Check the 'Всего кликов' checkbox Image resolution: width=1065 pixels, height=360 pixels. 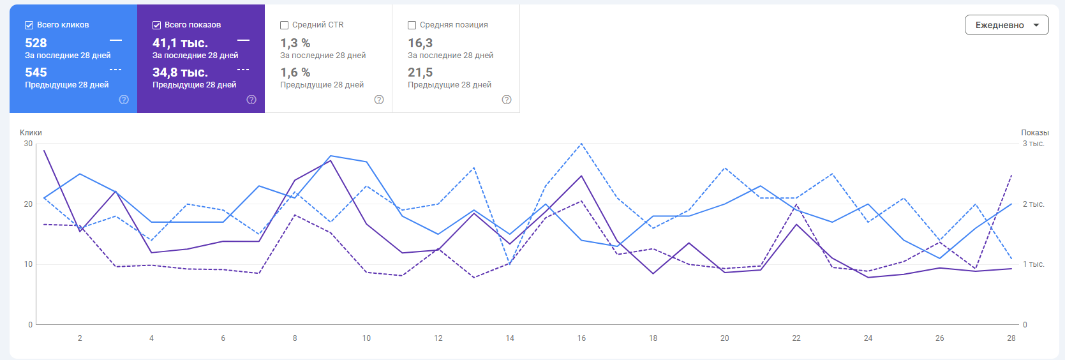(x=29, y=25)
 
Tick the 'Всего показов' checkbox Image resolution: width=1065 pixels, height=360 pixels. (x=156, y=25)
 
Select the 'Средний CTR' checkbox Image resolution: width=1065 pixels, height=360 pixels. (x=284, y=25)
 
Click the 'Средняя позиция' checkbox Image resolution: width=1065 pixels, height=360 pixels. (x=412, y=25)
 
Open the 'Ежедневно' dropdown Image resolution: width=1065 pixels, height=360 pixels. (x=1006, y=25)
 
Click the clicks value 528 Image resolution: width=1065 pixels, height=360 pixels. (x=36, y=43)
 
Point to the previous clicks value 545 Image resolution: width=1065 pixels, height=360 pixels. (x=36, y=72)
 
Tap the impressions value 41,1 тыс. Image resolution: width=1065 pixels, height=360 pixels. (x=180, y=43)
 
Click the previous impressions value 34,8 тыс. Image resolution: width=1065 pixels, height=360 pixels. (x=180, y=72)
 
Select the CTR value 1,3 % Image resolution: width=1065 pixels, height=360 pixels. (x=295, y=43)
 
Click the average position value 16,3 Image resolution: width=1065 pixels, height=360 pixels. (x=420, y=43)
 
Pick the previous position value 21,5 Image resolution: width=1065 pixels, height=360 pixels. (x=420, y=72)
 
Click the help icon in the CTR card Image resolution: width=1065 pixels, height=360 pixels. (x=379, y=100)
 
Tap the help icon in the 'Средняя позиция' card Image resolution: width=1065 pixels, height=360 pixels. (x=507, y=100)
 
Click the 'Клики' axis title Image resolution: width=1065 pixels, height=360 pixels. (x=31, y=133)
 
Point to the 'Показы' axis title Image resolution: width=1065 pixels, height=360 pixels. (x=1034, y=133)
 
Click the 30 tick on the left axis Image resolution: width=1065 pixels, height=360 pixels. (x=28, y=144)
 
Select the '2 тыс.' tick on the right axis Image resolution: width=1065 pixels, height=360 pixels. (x=1033, y=204)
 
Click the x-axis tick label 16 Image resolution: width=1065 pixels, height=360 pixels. (x=581, y=338)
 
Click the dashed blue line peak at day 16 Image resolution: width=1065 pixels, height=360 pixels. (x=581, y=144)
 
